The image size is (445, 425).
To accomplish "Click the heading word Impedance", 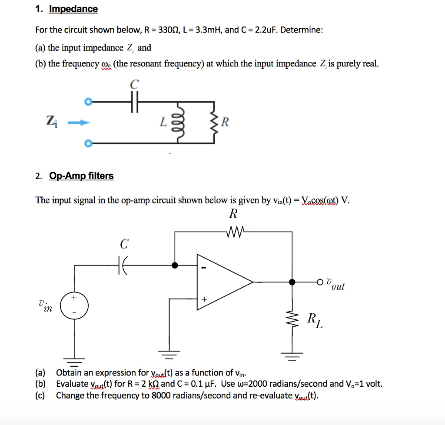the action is tap(73, 9).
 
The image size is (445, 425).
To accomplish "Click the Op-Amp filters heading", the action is tap(81, 176).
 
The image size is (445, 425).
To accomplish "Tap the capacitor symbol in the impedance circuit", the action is tap(135, 103).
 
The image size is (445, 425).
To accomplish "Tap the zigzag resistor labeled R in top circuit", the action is tap(213, 123).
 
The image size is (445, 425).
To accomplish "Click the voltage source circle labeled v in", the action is tap(74, 306).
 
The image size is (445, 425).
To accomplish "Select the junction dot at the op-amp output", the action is tap(292, 282).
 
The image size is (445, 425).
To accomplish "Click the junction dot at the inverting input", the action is tap(175, 265).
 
